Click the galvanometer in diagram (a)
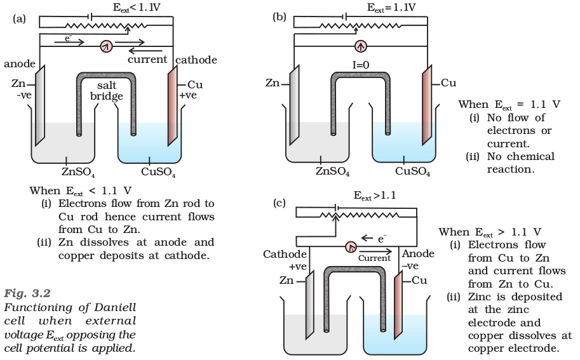click(x=106, y=46)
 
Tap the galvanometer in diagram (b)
click(x=361, y=46)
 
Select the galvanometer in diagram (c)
click(x=351, y=246)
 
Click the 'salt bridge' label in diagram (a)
click(x=107, y=91)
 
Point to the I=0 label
click(x=361, y=65)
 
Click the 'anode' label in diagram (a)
click(x=20, y=63)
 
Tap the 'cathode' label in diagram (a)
click(x=196, y=60)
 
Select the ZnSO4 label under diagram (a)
click(x=78, y=172)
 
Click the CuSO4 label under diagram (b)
click(x=413, y=171)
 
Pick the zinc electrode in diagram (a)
click(x=40, y=105)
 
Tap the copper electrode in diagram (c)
click(x=398, y=305)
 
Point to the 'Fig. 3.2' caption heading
click(x=27, y=293)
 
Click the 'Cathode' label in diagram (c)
click(x=285, y=255)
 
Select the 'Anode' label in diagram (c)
click(x=418, y=253)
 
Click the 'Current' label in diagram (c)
click(x=374, y=258)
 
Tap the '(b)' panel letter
click(x=280, y=17)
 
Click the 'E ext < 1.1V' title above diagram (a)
click(x=137, y=8)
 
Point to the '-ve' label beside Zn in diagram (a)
click(x=24, y=95)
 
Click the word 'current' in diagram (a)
click(x=147, y=60)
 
